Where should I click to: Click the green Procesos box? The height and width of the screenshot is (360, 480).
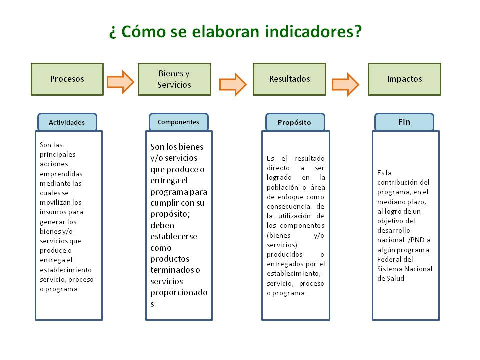[x=67, y=79]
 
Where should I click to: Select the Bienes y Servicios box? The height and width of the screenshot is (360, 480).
[x=174, y=79]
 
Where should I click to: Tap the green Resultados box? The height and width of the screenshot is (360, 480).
[x=289, y=79]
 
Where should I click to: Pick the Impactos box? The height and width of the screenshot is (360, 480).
[x=404, y=79]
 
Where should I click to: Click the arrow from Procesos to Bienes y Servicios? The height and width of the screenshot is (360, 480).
[x=120, y=82]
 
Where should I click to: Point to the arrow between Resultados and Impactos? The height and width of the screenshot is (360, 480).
[x=345, y=84]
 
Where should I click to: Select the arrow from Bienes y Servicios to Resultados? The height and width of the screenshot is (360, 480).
[x=233, y=84]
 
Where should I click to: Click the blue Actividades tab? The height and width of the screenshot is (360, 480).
[x=67, y=122]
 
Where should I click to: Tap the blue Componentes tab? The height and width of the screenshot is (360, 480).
[x=179, y=122]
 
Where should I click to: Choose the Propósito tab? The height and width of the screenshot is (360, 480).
[x=295, y=122]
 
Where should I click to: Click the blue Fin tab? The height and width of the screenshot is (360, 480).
[x=404, y=122]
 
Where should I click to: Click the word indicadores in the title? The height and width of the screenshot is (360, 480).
[x=313, y=32]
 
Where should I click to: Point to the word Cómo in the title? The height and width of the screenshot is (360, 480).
[x=143, y=32]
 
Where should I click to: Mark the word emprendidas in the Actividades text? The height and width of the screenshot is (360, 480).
[x=61, y=174]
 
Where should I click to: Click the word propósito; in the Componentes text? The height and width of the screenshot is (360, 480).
[x=170, y=214]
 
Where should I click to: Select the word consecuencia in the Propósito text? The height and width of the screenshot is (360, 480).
[x=288, y=207]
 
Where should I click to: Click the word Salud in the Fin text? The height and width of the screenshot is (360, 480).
[x=395, y=278]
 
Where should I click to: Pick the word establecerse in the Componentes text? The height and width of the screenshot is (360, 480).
[x=174, y=236]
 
